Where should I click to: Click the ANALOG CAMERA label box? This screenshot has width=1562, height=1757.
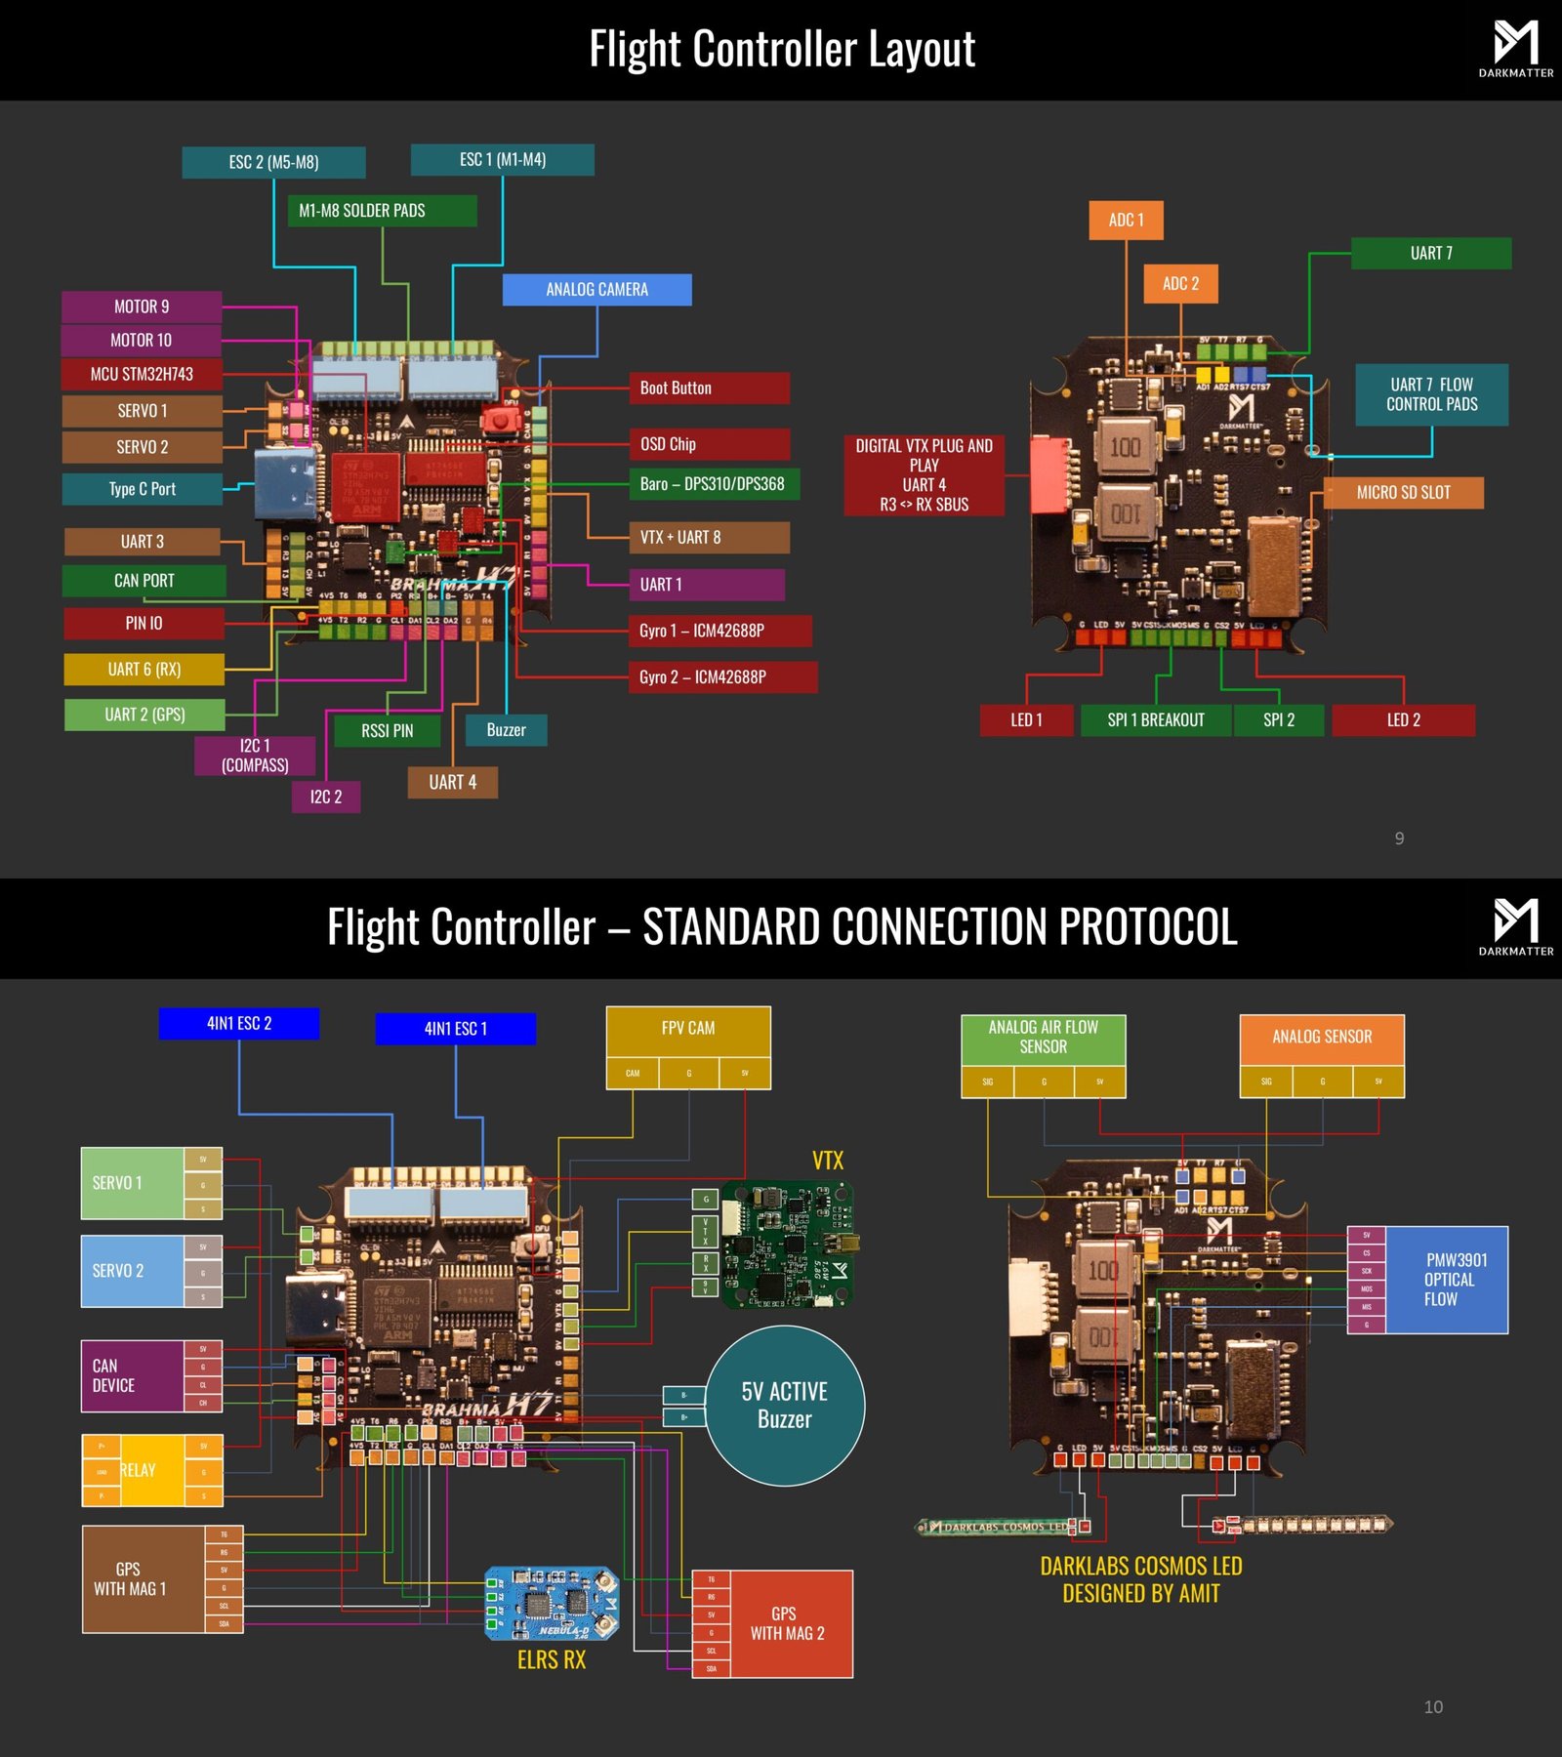tap(596, 290)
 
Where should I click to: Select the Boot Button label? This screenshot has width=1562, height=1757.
tap(708, 388)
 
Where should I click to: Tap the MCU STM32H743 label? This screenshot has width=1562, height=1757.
tap(142, 374)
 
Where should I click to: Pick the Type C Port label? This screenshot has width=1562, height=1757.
tap(143, 489)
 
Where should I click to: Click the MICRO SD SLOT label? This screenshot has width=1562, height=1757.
tap(1403, 493)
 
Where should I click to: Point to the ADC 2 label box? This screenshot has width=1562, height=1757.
tap(1180, 284)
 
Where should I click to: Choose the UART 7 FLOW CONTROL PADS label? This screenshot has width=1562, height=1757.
tap(1431, 394)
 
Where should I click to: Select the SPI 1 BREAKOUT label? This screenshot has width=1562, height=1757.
tap(1156, 720)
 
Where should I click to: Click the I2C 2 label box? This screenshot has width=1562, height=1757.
tap(326, 797)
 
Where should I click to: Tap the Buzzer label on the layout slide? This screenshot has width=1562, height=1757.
tap(506, 730)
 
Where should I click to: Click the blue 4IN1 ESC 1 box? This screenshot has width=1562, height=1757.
tap(455, 1029)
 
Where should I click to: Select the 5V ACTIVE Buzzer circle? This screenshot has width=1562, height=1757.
tap(784, 1406)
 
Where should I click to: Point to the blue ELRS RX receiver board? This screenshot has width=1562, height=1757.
tap(553, 1604)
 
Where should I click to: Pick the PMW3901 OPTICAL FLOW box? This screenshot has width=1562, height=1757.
tap(1446, 1280)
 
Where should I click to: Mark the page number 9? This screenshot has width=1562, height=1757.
tap(1399, 838)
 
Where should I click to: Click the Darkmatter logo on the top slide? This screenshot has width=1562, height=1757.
tap(1515, 49)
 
